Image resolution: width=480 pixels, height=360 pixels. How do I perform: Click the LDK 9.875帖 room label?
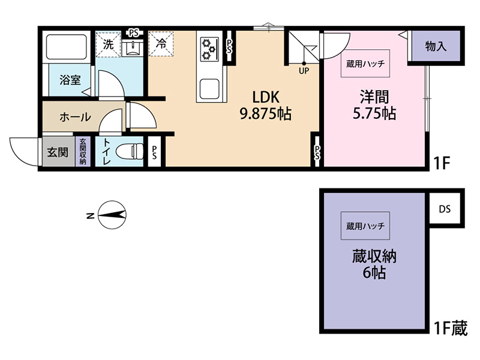[265, 106]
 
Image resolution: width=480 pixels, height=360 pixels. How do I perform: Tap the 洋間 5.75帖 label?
[374, 105]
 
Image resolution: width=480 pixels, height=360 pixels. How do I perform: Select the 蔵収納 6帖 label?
[374, 264]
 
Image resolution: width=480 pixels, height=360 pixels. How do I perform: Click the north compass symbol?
[112, 215]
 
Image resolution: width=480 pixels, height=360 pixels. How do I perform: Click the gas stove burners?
[209, 49]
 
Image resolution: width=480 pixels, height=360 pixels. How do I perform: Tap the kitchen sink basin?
[209, 89]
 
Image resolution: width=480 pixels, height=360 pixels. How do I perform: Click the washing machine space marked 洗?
[108, 44]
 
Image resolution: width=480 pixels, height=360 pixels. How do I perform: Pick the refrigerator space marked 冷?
[161, 43]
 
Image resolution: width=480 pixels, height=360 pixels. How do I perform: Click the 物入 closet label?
[436, 47]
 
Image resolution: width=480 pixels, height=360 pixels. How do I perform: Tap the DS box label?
[445, 209]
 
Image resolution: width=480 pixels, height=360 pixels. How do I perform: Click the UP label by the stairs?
[304, 71]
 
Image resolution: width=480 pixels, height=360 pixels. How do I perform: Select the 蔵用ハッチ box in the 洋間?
[365, 64]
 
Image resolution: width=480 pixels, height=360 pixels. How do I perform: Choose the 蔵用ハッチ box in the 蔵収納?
[365, 226]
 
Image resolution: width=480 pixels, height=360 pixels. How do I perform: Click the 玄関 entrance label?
[58, 152]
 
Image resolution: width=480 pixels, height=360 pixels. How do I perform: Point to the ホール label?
[75, 117]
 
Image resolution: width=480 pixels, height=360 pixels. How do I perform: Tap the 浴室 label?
[70, 80]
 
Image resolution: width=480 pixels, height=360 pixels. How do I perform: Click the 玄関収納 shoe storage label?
[83, 152]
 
